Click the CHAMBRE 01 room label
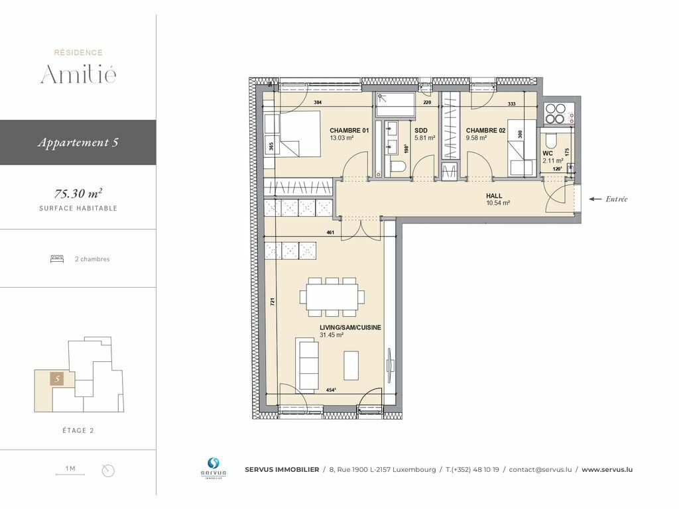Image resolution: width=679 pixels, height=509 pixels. [x=349, y=131]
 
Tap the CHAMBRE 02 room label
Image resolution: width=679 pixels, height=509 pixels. [x=485, y=131]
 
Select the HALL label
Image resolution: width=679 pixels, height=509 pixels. [x=493, y=196]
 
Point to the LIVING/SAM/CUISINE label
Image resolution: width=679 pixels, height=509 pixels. [x=350, y=327]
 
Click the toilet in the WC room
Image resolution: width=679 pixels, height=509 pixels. [x=550, y=141]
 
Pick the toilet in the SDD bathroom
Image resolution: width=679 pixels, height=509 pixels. [x=398, y=167]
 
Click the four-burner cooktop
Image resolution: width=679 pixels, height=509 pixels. [x=555, y=113]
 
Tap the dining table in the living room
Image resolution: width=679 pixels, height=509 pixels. [x=332, y=297]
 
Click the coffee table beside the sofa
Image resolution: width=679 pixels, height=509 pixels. [x=351, y=365]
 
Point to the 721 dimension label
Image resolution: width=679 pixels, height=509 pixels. [x=273, y=302]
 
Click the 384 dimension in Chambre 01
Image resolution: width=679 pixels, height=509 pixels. [x=318, y=103]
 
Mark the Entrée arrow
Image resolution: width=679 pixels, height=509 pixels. [x=595, y=199]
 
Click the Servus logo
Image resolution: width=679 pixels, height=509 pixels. [x=213, y=468]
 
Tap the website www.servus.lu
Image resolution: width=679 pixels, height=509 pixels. [x=607, y=470]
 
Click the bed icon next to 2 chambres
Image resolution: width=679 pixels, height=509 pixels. [x=57, y=259]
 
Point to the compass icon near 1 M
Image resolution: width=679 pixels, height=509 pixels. [x=108, y=471]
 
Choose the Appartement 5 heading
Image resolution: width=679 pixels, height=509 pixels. [x=78, y=142]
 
